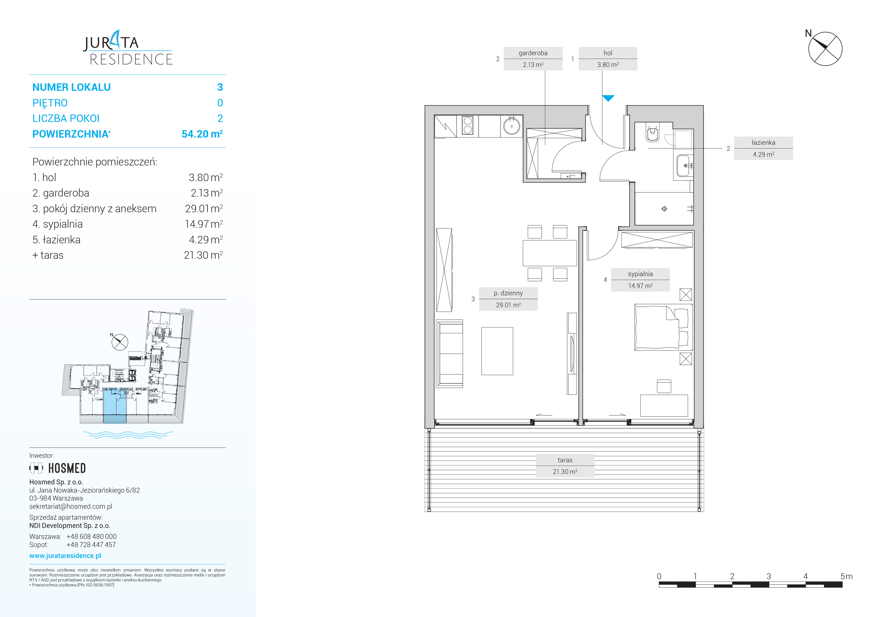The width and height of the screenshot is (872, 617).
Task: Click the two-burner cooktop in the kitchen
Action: coord(467,126)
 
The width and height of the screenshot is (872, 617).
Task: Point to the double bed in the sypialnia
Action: coord(663,327)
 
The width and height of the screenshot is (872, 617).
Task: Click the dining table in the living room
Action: coord(550,253)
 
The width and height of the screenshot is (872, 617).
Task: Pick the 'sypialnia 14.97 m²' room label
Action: coord(640,280)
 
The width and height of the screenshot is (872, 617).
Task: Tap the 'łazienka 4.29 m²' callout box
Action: coord(763,149)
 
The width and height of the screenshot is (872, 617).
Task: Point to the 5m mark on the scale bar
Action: coord(846,576)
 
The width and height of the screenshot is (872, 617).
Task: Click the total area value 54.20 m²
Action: coord(202,134)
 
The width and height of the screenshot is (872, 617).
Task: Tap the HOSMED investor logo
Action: coord(58,468)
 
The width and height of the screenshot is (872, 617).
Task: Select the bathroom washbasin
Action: coord(684,166)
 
